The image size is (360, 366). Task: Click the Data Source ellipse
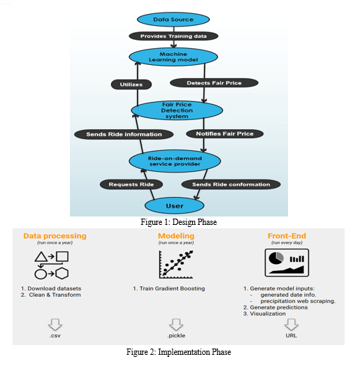tap(173, 20)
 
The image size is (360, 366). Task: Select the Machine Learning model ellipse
tap(173, 57)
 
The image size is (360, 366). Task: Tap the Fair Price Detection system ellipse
tap(177, 110)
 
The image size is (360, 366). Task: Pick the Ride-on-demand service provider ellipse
tap(175, 161)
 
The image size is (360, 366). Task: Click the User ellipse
tap(174, 205)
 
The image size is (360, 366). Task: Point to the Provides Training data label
tap(173, 36)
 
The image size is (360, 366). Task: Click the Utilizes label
tap(131, 85)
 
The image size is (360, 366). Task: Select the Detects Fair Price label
tap(214, 83)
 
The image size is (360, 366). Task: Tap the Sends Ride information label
tap(124, 134)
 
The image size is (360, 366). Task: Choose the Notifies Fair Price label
tap(224, 133)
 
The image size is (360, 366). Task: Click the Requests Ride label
tap(131, 184)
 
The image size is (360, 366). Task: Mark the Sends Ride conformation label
tap(231, 184)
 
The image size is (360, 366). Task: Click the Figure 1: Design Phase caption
tap(179, 222)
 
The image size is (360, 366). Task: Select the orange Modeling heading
tap(176, 236)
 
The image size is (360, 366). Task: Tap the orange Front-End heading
tap(287, 236)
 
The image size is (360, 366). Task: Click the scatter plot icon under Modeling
tap(176, 265)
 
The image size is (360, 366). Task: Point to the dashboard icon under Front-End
tap(287, 263)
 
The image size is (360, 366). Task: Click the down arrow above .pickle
tap(176, 325)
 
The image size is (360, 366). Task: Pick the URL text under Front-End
tap(291, 335)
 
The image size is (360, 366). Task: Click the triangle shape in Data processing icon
tap(41, 257)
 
